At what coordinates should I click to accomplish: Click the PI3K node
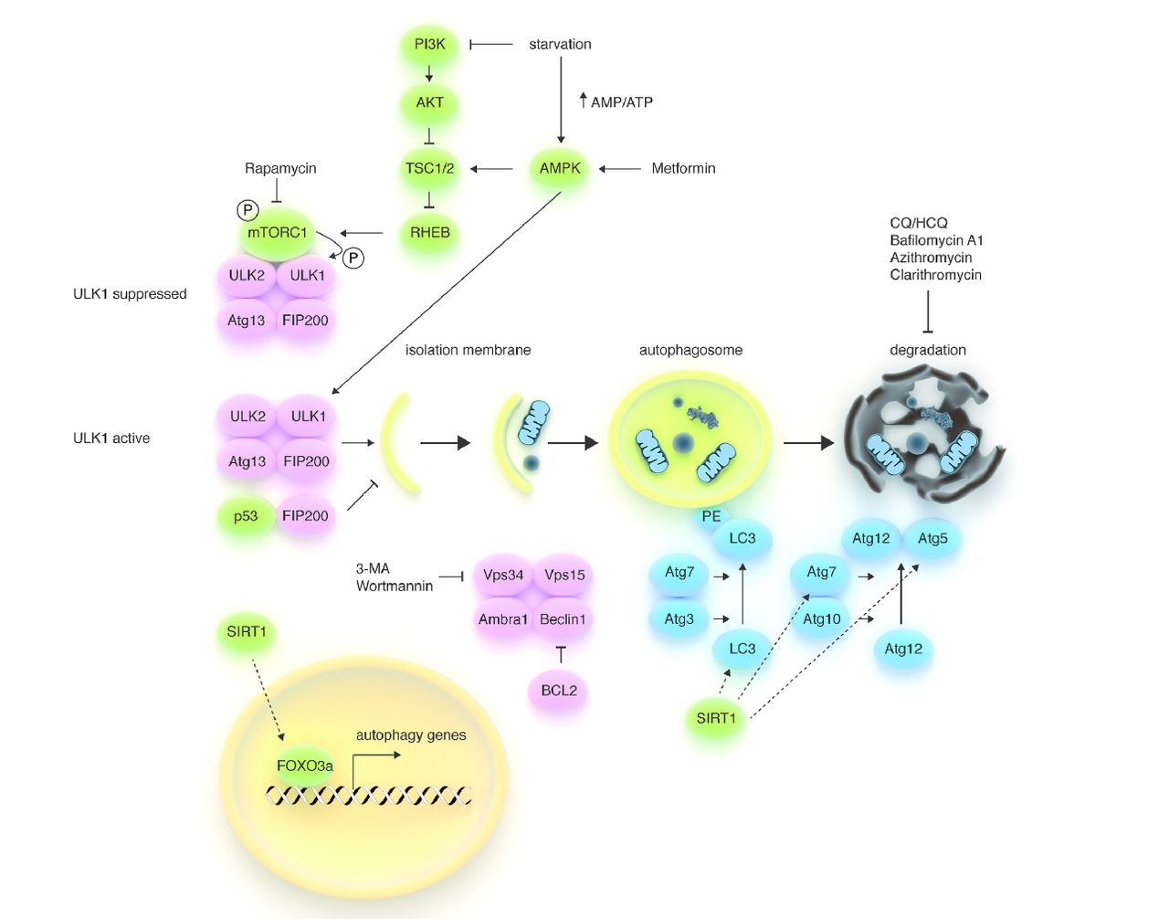429,45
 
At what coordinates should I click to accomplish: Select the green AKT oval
429,103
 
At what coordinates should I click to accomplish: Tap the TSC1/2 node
429,169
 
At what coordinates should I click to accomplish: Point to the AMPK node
560,169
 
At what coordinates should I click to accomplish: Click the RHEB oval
429,233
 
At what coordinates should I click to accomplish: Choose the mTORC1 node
278,233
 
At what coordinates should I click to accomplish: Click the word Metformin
683,169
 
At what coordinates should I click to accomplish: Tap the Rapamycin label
280,169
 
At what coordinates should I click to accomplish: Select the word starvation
560,45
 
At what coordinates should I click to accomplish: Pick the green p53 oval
246,517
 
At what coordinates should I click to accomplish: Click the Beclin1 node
563,619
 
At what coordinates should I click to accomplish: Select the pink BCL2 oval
559,691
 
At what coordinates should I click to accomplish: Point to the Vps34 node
503,576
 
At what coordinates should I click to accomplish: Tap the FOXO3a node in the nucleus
305,766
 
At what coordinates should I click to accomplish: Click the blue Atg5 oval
932,539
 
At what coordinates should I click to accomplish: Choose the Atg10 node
822,619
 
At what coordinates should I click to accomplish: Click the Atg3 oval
679,619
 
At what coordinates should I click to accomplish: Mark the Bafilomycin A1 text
936,240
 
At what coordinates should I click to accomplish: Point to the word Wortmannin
395,586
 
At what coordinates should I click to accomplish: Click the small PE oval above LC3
711,517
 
